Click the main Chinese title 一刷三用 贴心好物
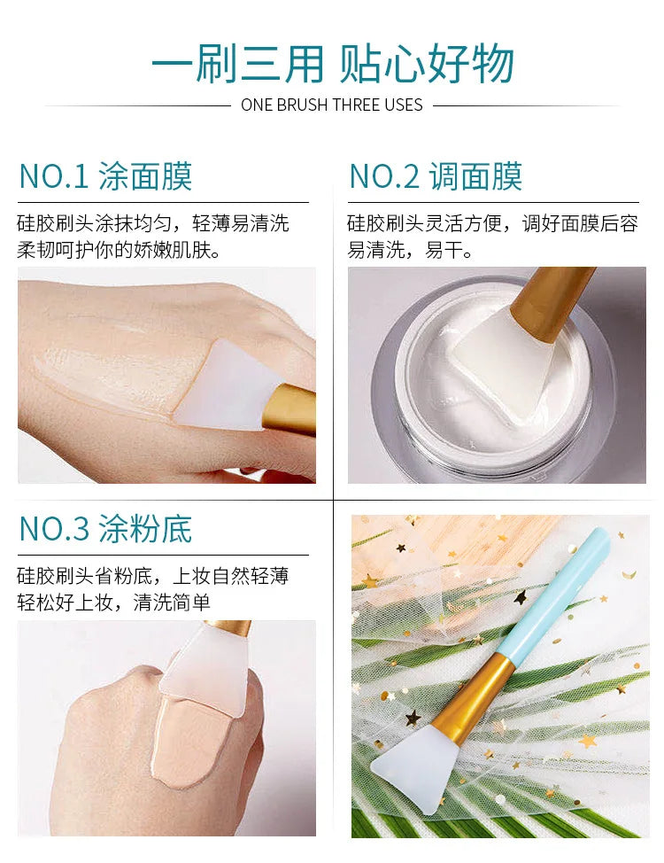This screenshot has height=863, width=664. (332, 63)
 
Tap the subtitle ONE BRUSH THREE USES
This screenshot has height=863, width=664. (332, 105)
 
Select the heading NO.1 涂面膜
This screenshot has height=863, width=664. (105, 176)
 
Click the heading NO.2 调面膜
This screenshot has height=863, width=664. (436, 176)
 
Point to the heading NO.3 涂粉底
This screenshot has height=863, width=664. (105, 528)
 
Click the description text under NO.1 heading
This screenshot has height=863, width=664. (152, 236)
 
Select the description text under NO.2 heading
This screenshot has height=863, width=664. (491, 236)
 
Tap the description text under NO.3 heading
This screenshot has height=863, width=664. (152, 589)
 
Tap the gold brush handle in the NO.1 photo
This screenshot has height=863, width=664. (292, 408)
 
